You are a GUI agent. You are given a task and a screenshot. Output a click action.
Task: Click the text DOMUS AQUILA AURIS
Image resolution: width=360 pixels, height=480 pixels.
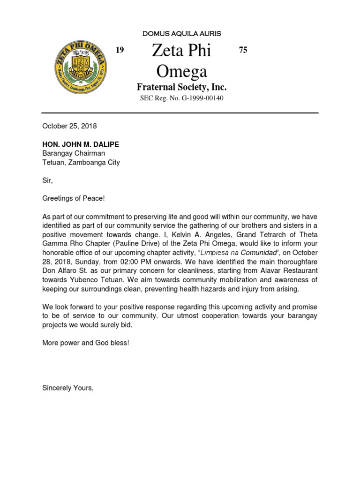[181, 34]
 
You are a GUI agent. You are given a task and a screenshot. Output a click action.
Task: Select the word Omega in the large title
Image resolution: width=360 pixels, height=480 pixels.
[181, 71]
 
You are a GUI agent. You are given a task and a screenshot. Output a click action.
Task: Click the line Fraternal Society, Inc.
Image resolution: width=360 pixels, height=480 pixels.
[181, 87]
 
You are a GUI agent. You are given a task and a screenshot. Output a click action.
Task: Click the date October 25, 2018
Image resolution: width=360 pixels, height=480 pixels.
[69, 126]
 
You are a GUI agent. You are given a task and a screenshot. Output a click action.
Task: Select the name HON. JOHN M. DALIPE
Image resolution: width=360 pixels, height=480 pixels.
[81, 144]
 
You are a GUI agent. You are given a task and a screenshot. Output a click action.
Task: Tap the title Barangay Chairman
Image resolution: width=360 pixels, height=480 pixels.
[74, 153]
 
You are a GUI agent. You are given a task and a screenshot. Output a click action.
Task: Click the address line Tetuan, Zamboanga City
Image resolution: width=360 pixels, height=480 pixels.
[81, 163]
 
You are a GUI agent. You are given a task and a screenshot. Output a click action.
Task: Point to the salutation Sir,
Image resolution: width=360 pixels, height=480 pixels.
[48, 180]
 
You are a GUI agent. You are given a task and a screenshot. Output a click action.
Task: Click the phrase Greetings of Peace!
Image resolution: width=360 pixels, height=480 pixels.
[74, 199]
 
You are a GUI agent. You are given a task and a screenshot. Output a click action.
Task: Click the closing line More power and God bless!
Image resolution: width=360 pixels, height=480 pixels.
[85, 343]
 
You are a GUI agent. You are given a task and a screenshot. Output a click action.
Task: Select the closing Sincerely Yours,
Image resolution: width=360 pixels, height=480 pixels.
[68, 388]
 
